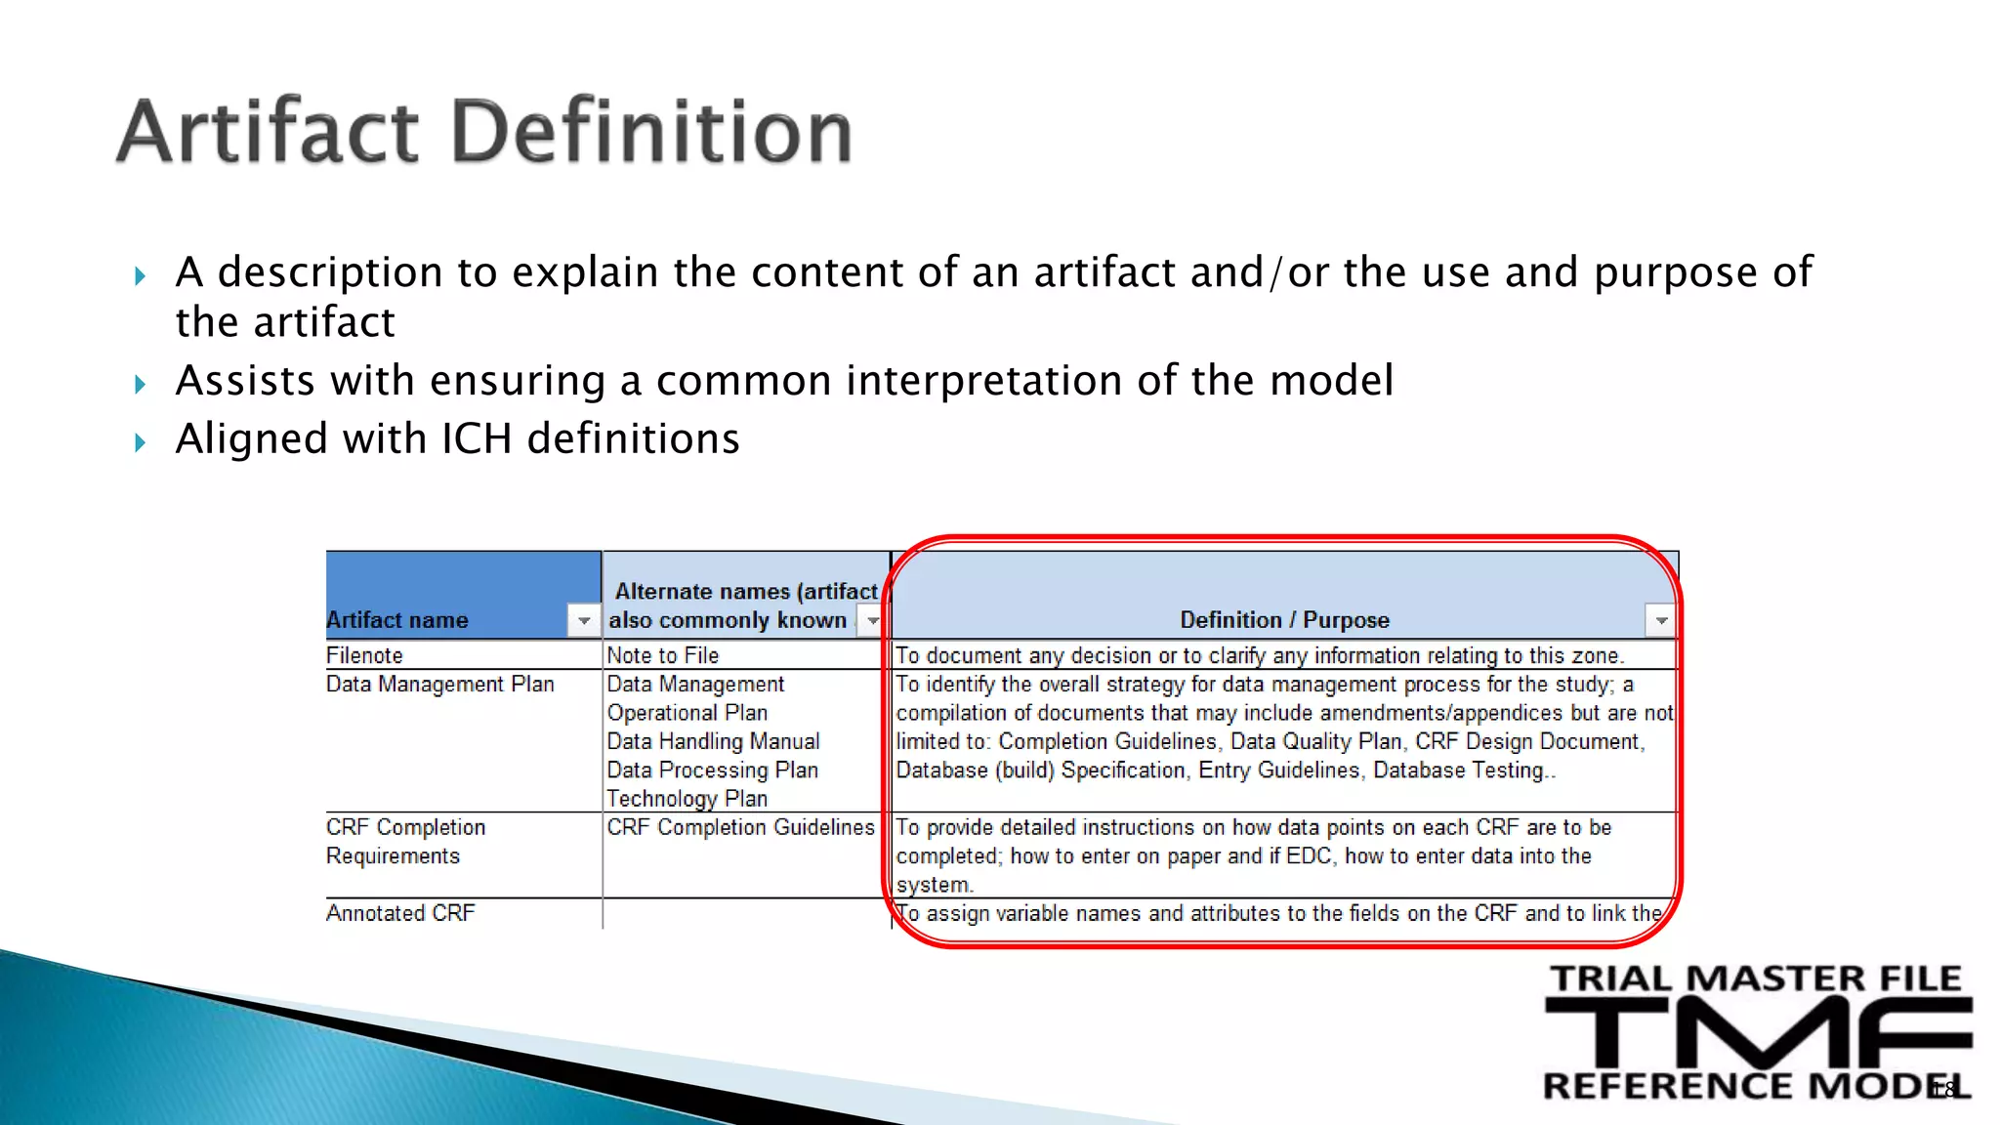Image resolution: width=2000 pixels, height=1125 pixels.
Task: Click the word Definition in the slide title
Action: [x=652, y=132]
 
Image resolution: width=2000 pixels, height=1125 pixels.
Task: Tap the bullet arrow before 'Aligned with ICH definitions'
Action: [x=140, y=442]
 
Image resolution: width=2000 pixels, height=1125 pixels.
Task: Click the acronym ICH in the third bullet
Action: [x=477, y=438]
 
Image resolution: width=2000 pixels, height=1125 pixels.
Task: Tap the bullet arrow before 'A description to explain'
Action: [x=140, y=276]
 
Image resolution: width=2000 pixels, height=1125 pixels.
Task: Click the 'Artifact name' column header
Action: [x=397, y=620]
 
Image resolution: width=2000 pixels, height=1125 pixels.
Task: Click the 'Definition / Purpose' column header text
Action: [x=1283, y=620]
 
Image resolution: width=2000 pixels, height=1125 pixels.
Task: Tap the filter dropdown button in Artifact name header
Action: [x=583, y=620]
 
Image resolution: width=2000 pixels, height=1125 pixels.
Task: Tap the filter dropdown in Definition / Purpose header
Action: [x=1660, y=620]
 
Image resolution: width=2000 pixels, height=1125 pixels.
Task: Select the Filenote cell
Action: [x=364, y=655]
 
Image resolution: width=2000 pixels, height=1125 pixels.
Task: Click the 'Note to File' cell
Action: [x=662, y=655]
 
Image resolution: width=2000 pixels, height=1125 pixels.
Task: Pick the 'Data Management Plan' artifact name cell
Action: [x=439, y=684]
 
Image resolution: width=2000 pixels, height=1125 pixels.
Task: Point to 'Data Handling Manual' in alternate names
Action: [x=713, y=741]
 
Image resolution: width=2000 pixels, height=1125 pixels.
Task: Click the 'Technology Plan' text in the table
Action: [x=687, y=799]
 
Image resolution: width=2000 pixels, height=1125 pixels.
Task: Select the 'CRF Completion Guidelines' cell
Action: [x=740, y=827]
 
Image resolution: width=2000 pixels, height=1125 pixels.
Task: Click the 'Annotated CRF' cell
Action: [x=400, y=913]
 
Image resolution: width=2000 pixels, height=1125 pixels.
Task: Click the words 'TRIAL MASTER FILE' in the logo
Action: [x=1756, y=979]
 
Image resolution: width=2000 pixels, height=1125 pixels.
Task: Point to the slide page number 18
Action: [x=1943, y=1090]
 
